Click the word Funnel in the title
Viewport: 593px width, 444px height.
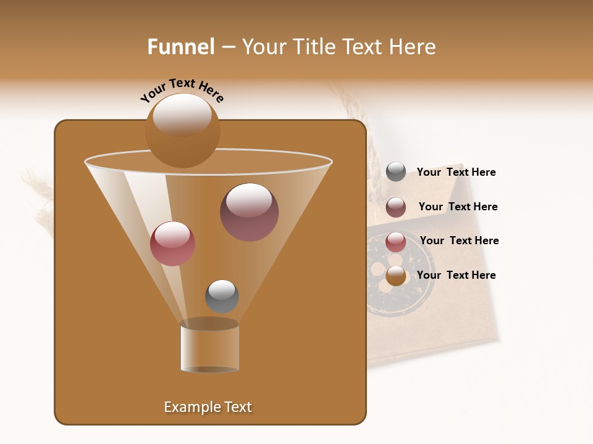(180, 47)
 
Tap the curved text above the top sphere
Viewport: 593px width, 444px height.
(182, 90)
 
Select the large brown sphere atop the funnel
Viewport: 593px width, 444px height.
(182, 131)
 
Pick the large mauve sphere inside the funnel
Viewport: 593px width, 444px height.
(249, 212)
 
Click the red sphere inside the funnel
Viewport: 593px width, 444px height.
(172, 244)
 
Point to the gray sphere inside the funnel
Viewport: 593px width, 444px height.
(222, 296)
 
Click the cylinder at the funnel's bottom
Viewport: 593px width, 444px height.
(209, 348)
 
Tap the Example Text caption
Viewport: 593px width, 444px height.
(208, 407)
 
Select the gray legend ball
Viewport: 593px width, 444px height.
(396, 172)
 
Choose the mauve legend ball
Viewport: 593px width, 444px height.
(396, 207)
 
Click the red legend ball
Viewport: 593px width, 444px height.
(396, 242)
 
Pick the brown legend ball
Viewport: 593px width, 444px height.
(396, 276)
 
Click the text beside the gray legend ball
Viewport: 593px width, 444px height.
(456, 173)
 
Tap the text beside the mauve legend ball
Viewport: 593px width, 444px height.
(458, 207)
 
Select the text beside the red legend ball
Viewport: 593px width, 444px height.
(459, 240)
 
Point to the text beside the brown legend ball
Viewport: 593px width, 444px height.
(456, 275)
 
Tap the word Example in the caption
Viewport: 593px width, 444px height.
(190, 407)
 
